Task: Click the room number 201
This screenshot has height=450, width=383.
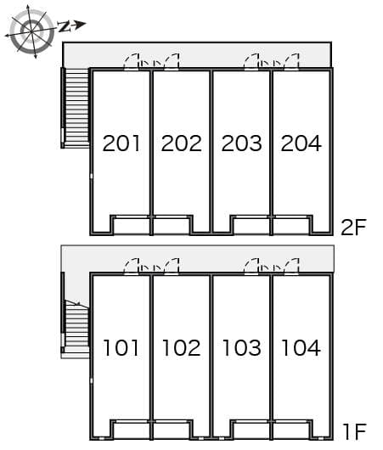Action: click(121, 143)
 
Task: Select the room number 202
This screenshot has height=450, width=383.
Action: click(181, 143)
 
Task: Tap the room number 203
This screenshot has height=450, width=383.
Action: click(241, 143)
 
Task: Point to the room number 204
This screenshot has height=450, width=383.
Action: click(301, 143)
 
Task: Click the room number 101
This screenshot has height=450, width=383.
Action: click(121, 347)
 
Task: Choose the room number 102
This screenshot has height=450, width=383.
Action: click(181, 347)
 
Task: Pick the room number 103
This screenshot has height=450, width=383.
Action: click(241, 347)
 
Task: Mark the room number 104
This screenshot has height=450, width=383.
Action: click(301, 347)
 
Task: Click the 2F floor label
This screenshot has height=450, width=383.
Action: click(352, 227)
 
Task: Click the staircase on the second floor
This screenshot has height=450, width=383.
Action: click(76, 107)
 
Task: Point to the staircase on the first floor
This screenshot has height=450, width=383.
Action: click(76, 325)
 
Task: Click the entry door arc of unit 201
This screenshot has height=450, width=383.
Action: click(132, 60)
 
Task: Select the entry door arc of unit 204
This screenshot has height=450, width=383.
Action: click(291, 60)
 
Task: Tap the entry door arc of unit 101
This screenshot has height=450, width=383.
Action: click(132, 266)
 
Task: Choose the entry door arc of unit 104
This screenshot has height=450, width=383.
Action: click(291, 266)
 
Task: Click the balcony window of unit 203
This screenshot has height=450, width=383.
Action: click(252, 226)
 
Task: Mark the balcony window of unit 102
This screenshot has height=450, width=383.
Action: click(171, 429)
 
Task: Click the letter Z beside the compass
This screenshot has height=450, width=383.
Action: click(65, 26)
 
